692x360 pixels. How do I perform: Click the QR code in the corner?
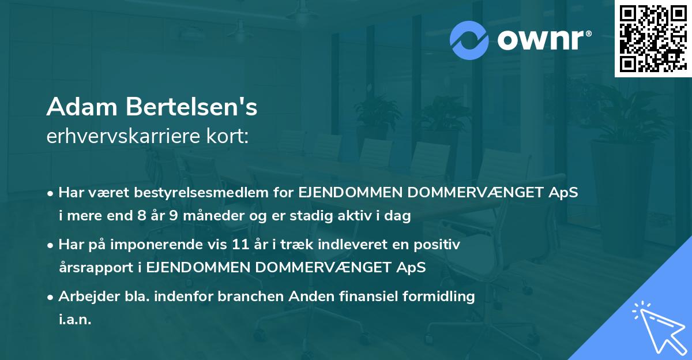click(x=652, y=39)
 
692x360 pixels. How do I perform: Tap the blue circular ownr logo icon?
click(x=470, y=40)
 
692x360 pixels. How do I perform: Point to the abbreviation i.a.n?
click(x=75, y=320)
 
